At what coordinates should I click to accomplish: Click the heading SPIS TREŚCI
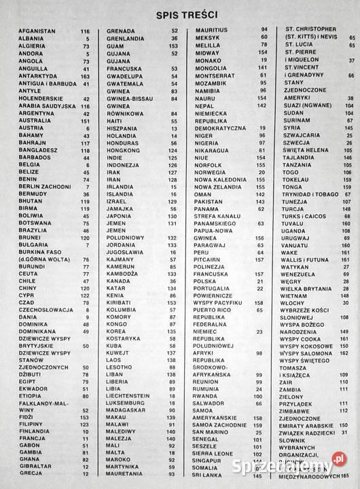click(x=180, y=13)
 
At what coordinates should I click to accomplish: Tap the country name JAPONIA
click(x=120, y=216)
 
